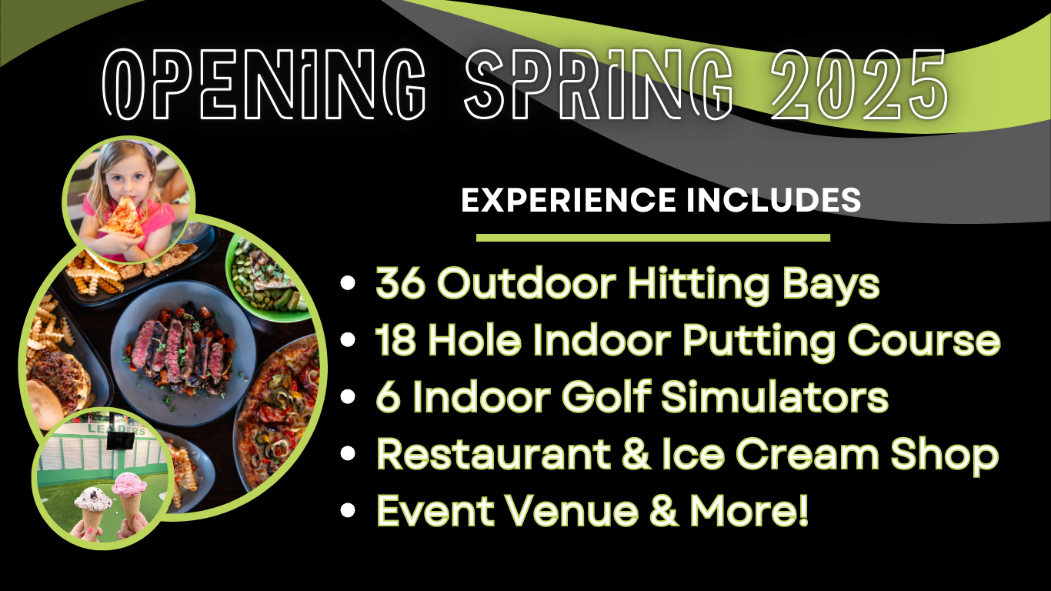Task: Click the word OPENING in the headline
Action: click(264, 85)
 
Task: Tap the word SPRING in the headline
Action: click(599, 85)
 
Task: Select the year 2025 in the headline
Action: click(859, 85)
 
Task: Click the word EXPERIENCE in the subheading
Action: click(569, 200)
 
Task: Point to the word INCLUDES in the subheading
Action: click(774, 200)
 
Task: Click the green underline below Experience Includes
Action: click(653, 238)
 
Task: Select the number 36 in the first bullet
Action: click(401, 283)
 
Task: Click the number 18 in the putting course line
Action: click(395, 340)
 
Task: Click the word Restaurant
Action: click(494, 453)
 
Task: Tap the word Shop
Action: click(945, 456)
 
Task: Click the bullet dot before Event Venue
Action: click(348, 510)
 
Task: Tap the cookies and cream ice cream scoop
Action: click(93, 498)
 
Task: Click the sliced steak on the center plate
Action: click(180, 348)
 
